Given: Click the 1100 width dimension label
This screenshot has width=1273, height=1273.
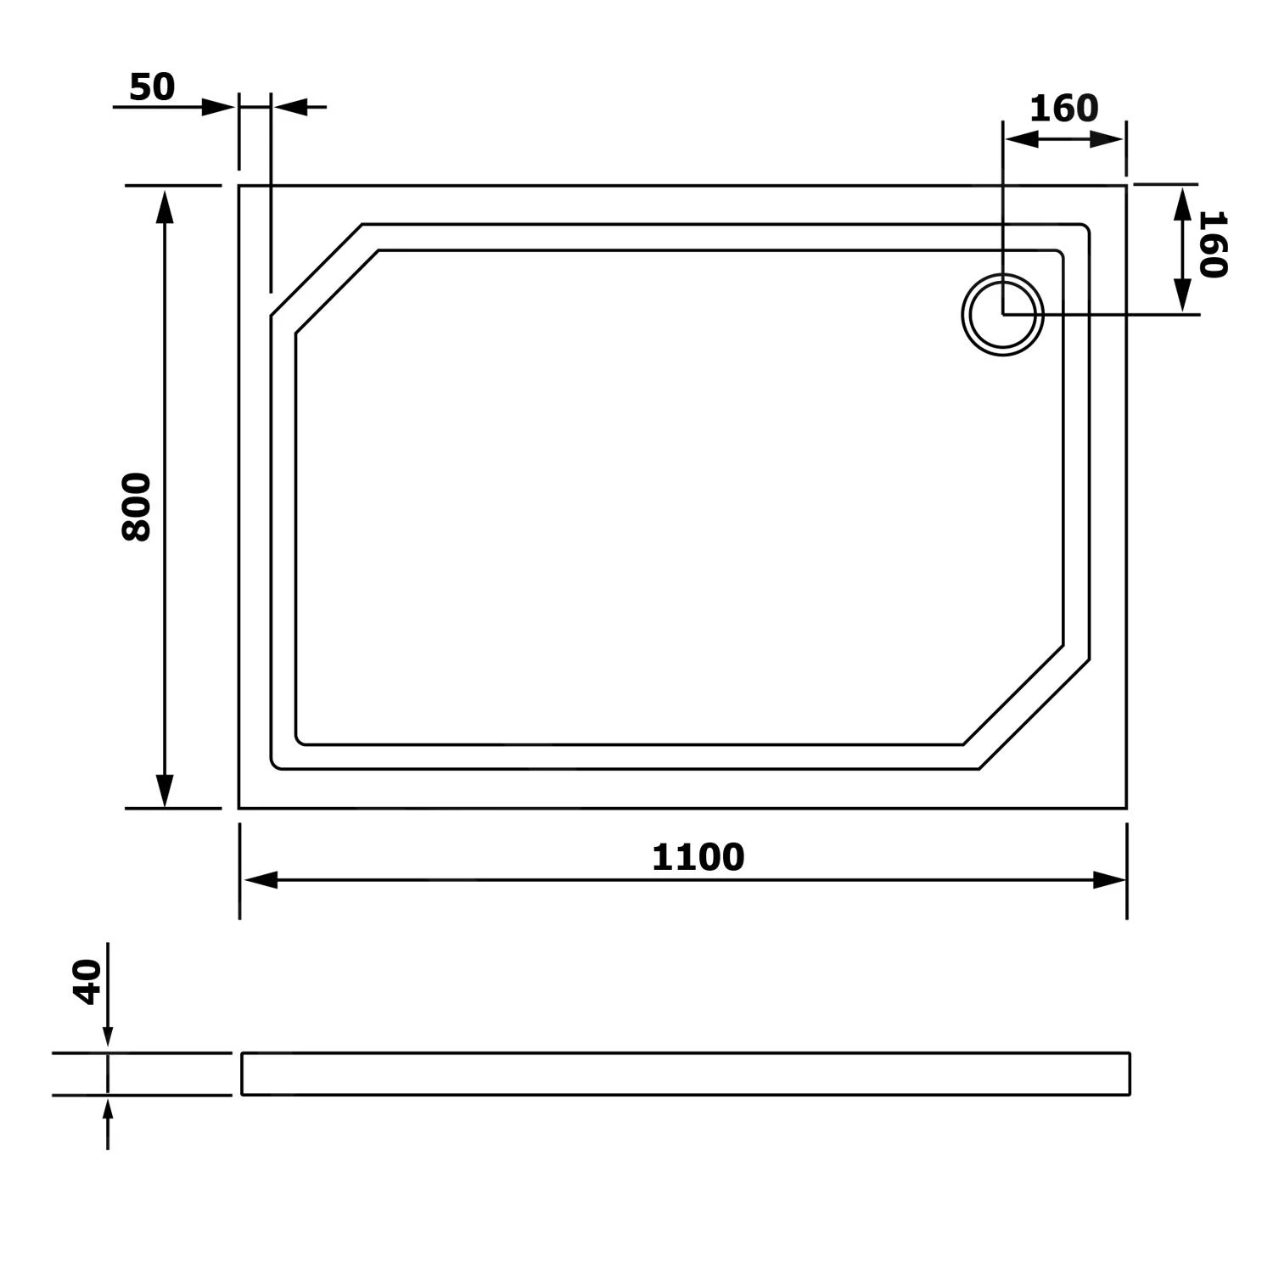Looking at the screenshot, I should point(698,857).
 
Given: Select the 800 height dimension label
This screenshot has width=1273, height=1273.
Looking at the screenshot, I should point(137,507).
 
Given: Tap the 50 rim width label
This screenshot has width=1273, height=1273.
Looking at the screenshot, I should point(152,87).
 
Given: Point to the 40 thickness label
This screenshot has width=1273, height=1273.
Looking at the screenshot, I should point(88,982).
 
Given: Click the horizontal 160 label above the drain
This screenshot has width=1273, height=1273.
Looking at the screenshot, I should point(1063,109).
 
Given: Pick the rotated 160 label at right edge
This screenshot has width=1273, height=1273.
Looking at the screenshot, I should point(1213,244).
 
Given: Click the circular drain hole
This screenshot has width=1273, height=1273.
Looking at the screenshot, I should point(1002,315).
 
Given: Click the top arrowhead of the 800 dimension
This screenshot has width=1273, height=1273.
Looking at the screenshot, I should point(165,208).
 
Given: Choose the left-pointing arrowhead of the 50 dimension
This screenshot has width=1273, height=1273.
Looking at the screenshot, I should point(290,108).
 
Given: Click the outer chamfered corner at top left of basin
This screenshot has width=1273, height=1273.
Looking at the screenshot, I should point(317,270).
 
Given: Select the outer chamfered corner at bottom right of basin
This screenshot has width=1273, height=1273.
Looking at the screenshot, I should point(1035,715).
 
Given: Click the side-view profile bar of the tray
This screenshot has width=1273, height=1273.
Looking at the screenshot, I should point(686,1074).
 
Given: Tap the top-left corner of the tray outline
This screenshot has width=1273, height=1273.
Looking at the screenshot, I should point(239,185).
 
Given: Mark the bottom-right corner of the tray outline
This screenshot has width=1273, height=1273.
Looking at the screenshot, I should point(1126,808).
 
